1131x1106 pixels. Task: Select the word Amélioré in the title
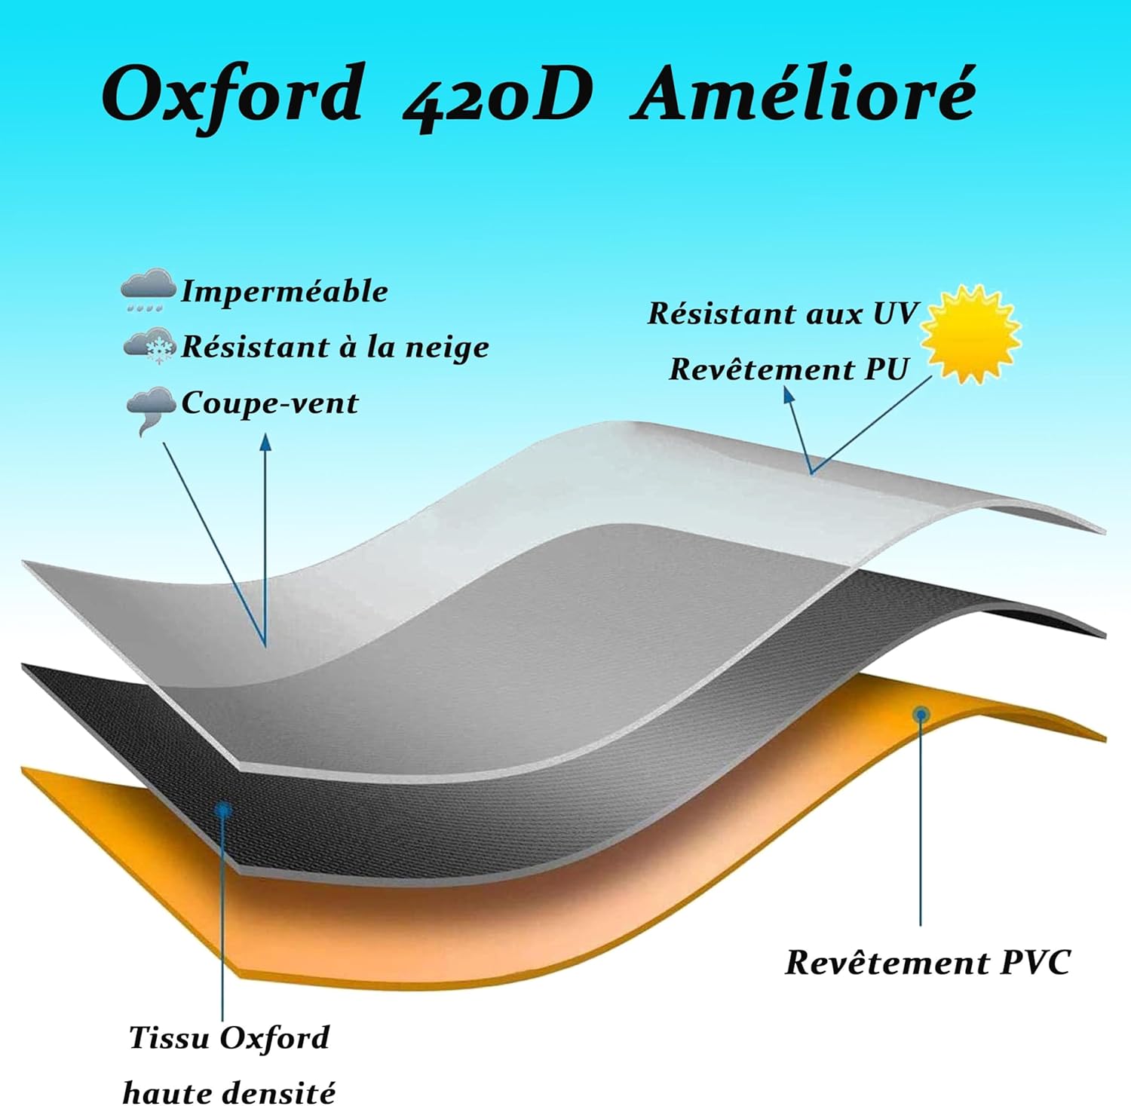804,94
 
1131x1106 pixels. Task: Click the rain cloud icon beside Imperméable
148,290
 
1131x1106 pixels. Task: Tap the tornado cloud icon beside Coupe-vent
150,409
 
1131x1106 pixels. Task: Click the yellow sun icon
971,333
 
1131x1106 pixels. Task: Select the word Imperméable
284,292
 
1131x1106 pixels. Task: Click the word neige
447,348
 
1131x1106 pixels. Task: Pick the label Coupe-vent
269,403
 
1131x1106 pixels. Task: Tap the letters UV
895,314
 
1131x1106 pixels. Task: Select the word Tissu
169,1038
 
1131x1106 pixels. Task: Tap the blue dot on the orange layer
921,714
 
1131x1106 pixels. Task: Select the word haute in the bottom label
159,1092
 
